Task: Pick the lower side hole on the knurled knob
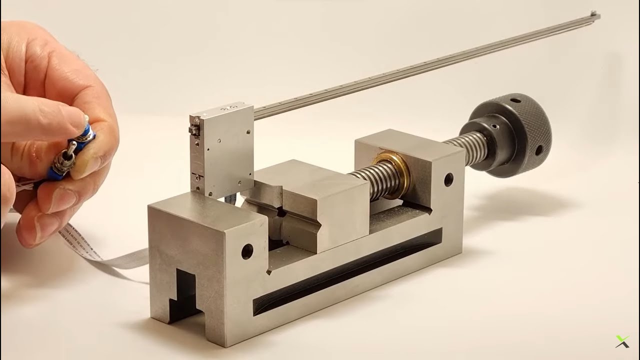coord(539,150)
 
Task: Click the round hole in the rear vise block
coord(448,177)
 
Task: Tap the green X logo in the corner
coord(622,341)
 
